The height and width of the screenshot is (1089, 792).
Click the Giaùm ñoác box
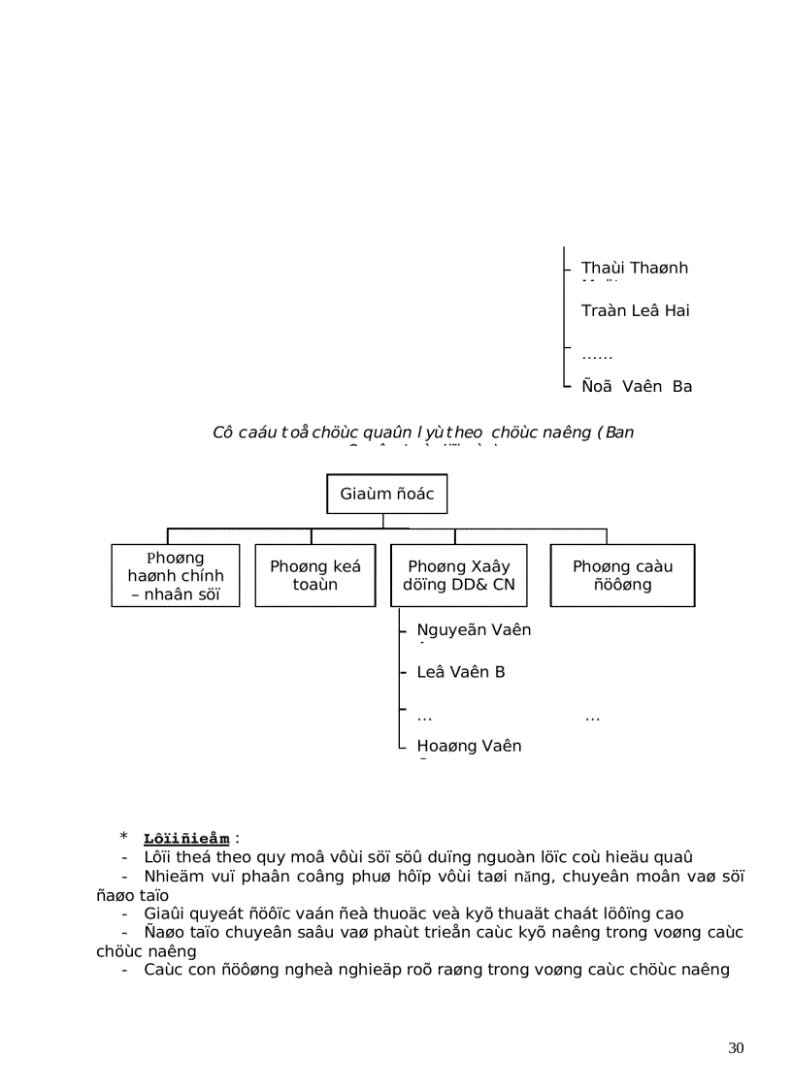386,495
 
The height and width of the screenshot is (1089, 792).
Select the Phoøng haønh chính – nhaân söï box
176,576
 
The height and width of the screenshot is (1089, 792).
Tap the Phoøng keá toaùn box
315,576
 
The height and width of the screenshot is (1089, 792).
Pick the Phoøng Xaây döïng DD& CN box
459,576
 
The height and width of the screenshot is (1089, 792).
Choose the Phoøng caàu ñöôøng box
622,576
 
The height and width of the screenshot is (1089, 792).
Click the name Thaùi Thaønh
634,268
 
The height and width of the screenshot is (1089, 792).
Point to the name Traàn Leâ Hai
635,311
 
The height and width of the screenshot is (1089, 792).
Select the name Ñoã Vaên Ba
637,387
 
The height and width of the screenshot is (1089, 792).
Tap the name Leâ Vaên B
460,672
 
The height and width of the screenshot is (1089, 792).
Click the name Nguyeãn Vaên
474,630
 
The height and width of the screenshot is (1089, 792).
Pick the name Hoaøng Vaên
469,746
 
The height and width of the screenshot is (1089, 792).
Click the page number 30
735,1048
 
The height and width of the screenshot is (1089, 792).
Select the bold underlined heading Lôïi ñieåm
186,839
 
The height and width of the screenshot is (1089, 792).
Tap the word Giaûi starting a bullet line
161,913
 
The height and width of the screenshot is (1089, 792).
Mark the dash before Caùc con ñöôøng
125,970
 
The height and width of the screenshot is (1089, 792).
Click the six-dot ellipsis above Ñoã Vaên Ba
597,356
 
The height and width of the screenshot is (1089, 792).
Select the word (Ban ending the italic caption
615,432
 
